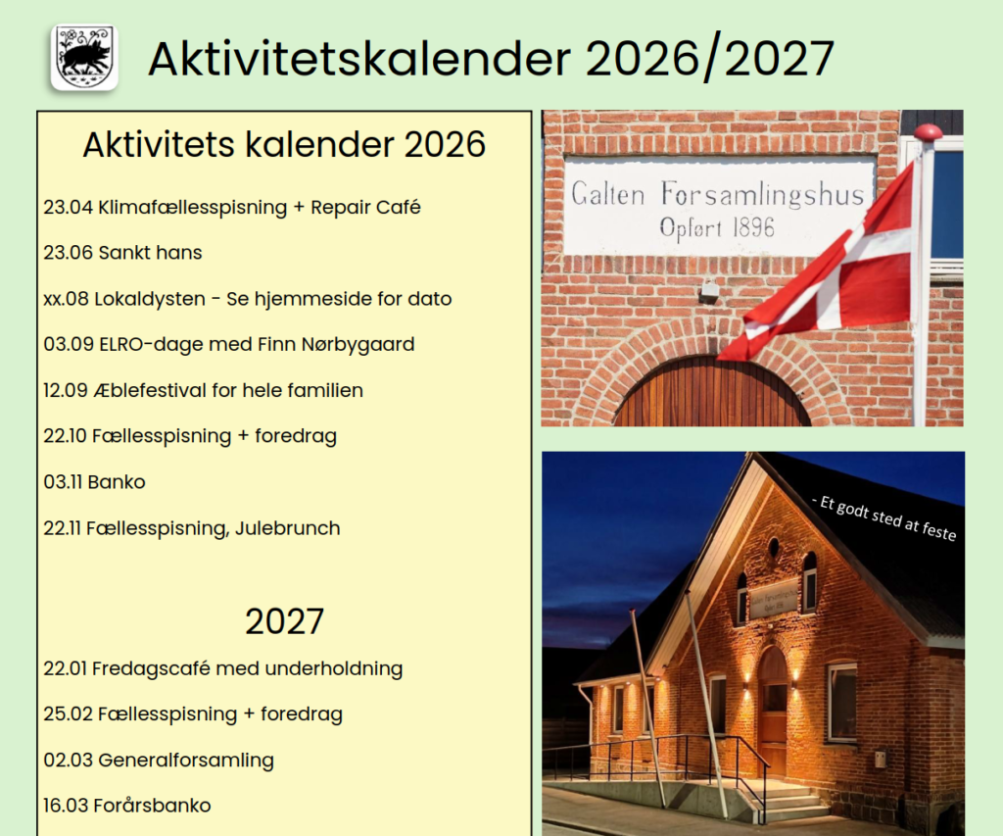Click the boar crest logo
pyautogui.click(x=84, y=58)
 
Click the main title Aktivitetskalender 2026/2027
pyautogui.click(x=491, y=59)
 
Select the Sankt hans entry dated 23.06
pyautogui.click(x=122, y=253)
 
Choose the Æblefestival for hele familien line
pyautogui.click(x=203, y=390)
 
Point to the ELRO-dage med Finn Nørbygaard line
pyautogui.click(x=228, y=344)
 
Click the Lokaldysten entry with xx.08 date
pyautogui.click(x=247, y=299)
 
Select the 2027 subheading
pyautogui.click(x=284, y=621)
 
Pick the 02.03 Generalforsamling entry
pyautogui.click(x=159, y=760)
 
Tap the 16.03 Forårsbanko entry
pyautogui.click(x=126, y=806)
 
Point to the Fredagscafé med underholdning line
pyautogui.click(x=222, y=668)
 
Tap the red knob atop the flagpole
pyautogui.click(x=927, y=132)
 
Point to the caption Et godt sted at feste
pyautogui.click(x=884, y=517)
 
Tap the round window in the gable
pyautogui.click(x=774, y=546)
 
